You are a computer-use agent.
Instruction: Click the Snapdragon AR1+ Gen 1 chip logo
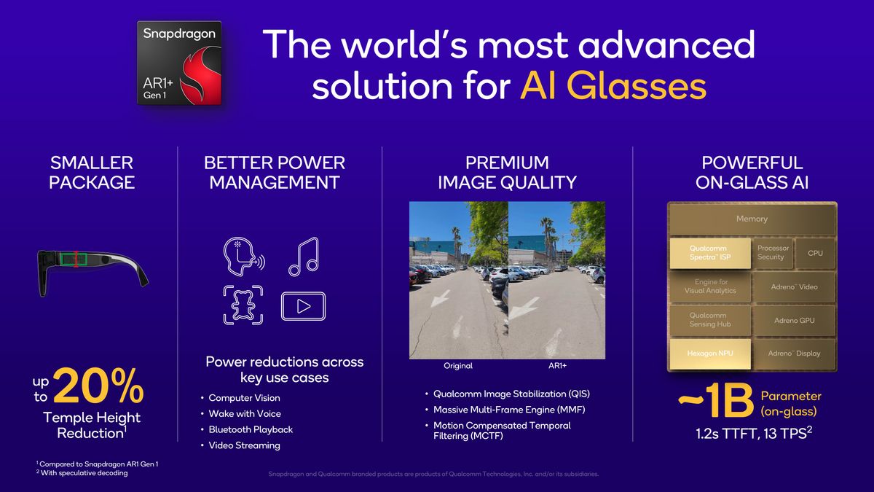[x=179, y=63]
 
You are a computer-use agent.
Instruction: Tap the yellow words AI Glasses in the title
[x=613, y=87]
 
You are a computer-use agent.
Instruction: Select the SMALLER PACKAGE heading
[x=92, y=172]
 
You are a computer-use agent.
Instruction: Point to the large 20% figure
[x=98, y=386]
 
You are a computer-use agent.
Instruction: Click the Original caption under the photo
[x=458, y=366]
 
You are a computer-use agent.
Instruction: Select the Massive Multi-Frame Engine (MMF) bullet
[x=509, y=410]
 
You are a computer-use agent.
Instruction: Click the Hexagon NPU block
[x=709, y=354]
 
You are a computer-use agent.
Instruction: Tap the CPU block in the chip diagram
[x=815, y=252]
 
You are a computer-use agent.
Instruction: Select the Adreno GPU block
[x=794, y=321]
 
